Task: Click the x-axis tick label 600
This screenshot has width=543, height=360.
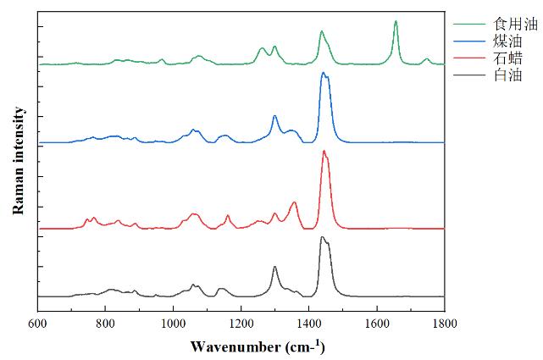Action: (x=37, y=324)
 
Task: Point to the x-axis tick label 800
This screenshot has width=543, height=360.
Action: (x=105, y=324)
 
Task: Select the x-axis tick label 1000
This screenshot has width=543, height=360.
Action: (x=173, y=324)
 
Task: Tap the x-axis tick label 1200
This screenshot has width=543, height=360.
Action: (x=241, y=324)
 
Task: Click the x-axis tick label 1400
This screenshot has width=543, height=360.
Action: (x=308, y=324)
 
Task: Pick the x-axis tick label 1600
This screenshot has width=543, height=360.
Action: (x=376, y=324)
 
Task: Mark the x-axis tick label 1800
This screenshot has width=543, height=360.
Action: (x=444, y=324)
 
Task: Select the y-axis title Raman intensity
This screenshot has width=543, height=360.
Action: (x=17, y=160)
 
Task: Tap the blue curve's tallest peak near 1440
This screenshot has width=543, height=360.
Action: (x=323, y=73)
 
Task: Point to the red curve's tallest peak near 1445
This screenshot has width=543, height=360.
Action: (x=324, y=151)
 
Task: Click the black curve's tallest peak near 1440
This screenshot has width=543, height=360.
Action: (x=322, y=237)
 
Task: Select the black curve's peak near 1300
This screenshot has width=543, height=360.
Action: (x=274, y=267)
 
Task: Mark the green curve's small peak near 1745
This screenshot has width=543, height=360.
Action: (x=426, y=58)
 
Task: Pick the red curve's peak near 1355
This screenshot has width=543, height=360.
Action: (x=294, y=202)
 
